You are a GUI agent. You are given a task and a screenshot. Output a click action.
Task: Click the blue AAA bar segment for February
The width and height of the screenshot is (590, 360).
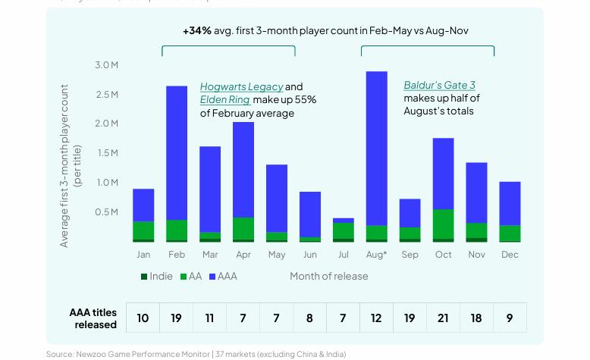(x=177, y=152)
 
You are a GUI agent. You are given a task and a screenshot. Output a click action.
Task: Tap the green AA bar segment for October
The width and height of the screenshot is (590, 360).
(x=443, y=224)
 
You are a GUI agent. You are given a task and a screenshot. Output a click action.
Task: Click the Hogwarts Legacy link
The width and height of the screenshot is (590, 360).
(x=241, y=86)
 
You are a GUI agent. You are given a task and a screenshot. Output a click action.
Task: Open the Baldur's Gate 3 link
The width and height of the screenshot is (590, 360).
(x=439, y=86)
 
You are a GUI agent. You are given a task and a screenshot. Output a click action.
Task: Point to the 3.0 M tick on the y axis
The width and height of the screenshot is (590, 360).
(x=106, y=66)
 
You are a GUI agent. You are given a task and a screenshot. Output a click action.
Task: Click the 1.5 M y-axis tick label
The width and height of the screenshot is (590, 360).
(x=106, y=153)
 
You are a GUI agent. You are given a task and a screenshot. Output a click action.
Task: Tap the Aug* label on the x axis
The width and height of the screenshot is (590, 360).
(x=376, y=255)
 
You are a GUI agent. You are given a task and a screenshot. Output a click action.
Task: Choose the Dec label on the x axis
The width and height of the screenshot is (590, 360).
(x=510, y=255)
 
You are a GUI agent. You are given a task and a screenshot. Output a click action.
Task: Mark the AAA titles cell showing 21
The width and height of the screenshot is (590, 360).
(x=443, y=318)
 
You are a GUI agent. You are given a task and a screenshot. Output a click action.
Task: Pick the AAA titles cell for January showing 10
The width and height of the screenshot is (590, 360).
(x=143, y=318)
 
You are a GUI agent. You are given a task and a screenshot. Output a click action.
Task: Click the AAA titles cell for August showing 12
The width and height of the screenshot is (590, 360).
(x=376, y=318)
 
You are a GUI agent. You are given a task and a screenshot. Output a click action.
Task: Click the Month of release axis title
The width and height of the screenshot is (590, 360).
(x=328, y=276)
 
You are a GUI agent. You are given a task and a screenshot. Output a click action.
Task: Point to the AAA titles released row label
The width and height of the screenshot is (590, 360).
(x=93, y=318)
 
